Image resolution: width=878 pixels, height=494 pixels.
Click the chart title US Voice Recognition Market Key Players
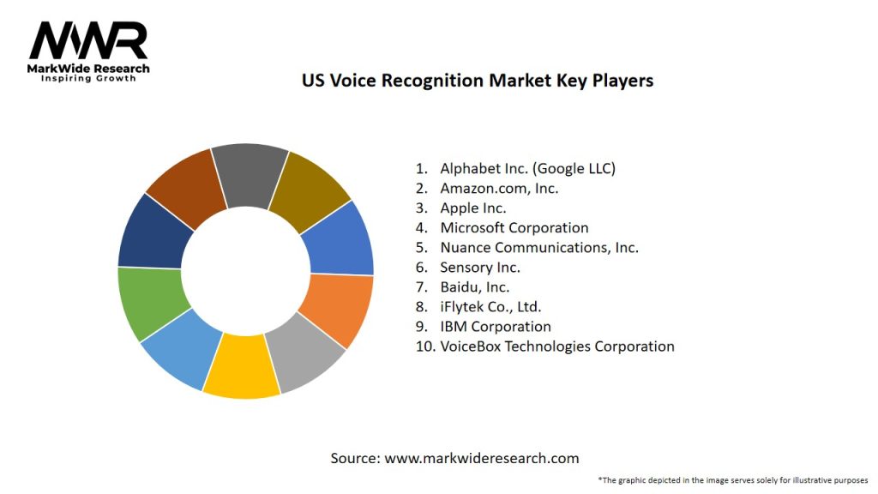pos(477,81)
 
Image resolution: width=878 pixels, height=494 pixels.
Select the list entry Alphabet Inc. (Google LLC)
pos(527,168)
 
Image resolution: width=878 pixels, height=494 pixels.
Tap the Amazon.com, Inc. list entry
pos(499,188)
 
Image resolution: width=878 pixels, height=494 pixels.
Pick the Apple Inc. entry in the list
pos(472,208)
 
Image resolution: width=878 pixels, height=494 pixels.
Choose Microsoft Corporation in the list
pos(514,227)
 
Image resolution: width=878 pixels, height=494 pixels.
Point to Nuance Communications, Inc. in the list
pos(538,247)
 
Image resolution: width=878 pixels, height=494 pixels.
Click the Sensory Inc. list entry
pos(479,267)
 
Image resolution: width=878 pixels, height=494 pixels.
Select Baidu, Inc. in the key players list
pos(474,286)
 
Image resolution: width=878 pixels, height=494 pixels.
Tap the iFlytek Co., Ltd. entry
pos(490,306)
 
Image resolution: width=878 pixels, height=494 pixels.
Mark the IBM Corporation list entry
pos(495,326)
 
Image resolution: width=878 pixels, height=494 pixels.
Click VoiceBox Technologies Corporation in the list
pos(556,346)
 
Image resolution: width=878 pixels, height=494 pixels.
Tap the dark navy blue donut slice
pos(149,232)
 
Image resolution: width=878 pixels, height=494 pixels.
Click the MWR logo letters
pos(88,40)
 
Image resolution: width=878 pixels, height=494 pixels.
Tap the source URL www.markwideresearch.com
pos(481,458)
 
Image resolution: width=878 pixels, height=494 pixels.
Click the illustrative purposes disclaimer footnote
pos(733,479)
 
